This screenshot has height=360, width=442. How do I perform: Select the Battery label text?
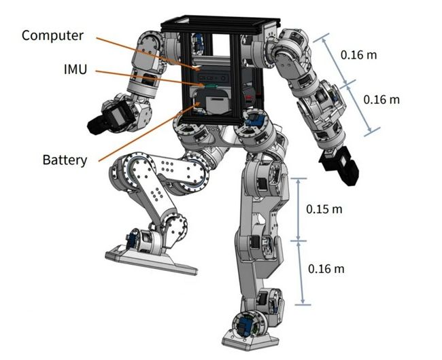[x=65, y=160]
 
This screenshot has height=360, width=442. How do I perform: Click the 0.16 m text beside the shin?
[x=326, y=268]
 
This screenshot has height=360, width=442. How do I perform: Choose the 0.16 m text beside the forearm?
[x=381, y=99]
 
